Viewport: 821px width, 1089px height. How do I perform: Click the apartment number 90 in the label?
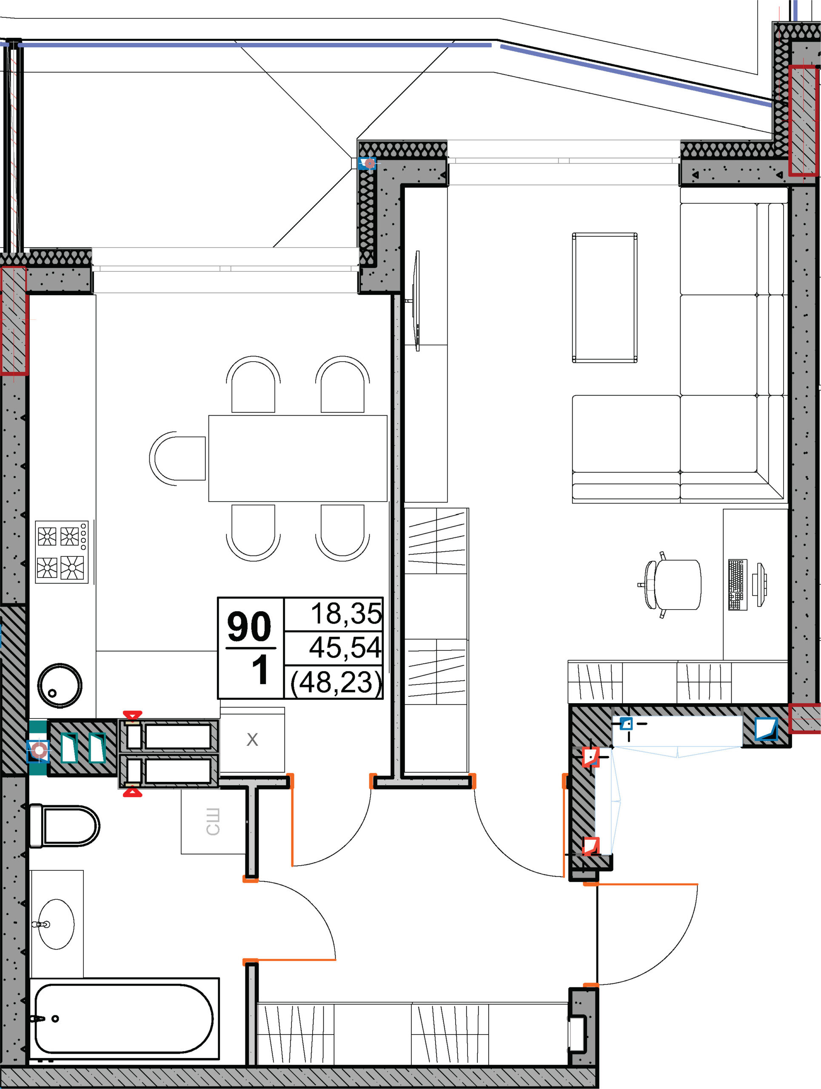249,627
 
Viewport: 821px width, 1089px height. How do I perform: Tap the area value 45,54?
345,647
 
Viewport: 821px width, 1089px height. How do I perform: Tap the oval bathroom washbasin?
56,924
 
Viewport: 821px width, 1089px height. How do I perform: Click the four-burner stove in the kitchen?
62,552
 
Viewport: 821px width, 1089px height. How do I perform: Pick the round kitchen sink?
60,685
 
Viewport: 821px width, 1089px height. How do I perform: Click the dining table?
298,458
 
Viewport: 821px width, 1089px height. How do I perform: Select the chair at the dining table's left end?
177,458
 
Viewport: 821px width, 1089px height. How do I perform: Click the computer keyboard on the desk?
737,585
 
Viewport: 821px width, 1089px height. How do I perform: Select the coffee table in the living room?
605,298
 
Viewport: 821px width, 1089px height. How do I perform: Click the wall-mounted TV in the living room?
416,301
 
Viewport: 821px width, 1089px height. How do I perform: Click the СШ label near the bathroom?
213,822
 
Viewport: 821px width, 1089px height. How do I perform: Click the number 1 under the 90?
259,670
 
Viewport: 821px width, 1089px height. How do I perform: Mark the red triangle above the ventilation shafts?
132,715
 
